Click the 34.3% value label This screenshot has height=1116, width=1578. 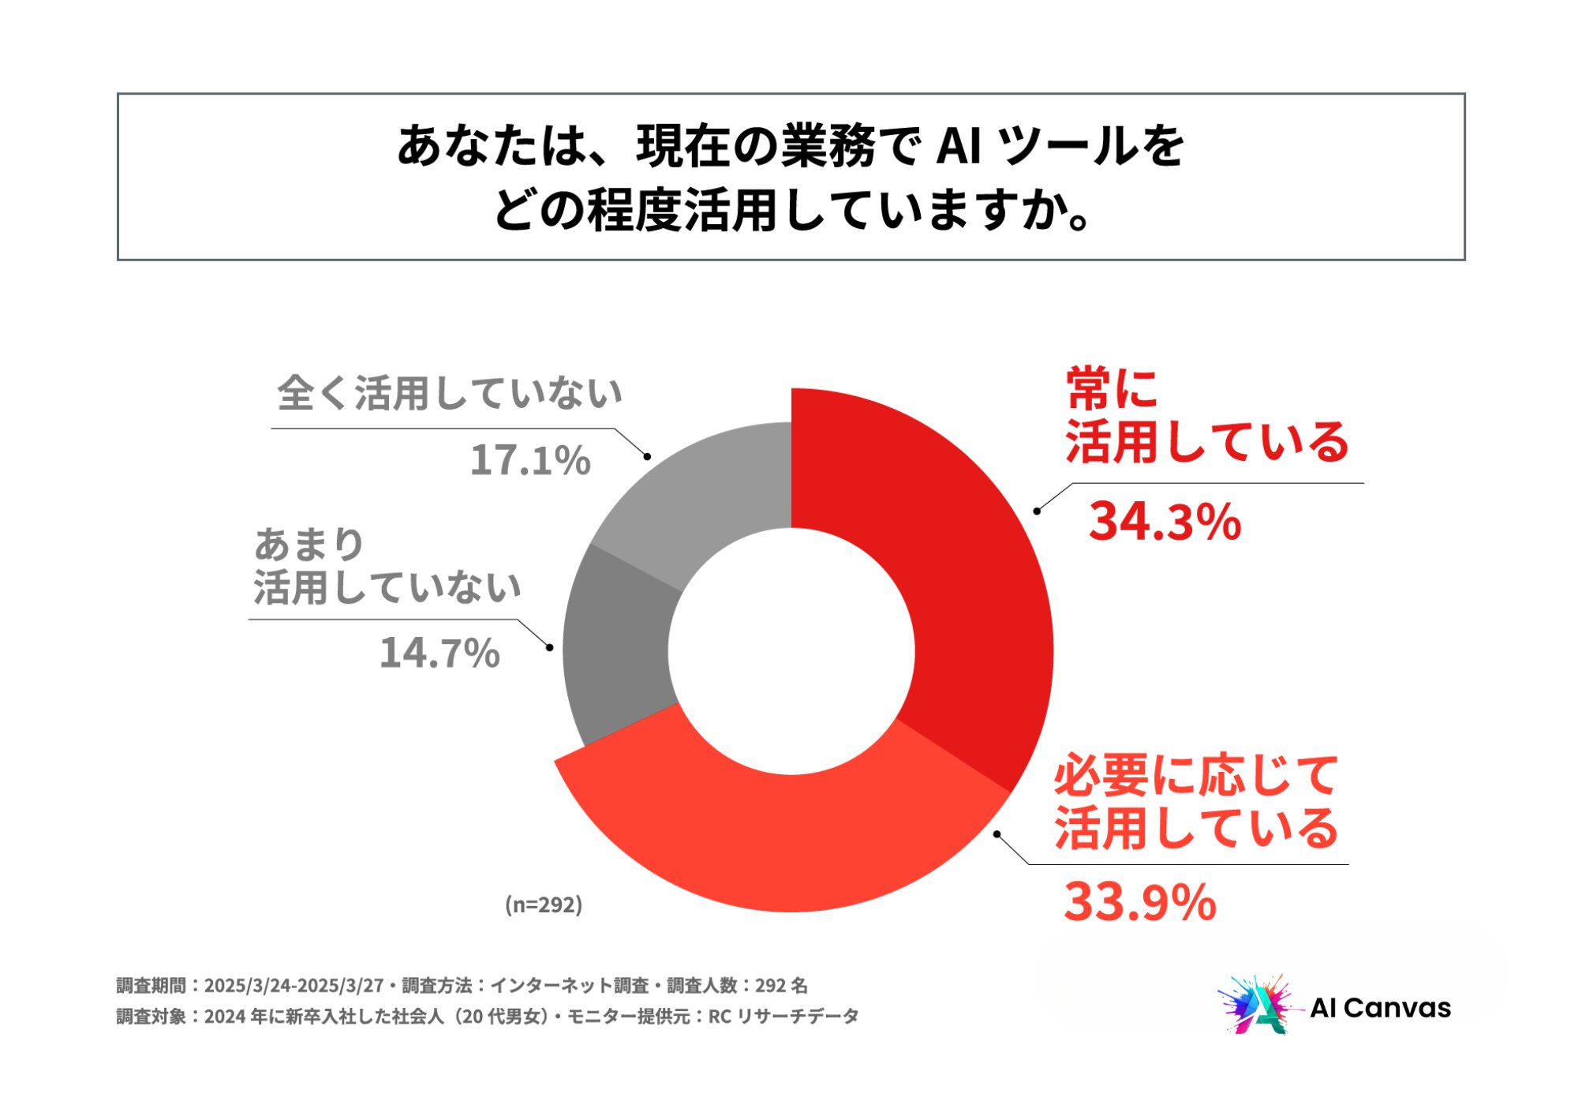click(x=1165, y=522)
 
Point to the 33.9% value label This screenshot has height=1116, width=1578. click(x=1139, y=901)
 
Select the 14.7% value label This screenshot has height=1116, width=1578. click(x=439, y=653)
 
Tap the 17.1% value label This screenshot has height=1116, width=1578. click(x=530, y=459)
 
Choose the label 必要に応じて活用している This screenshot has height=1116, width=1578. click(x=1196, y=801)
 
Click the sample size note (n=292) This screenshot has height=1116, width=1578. click(x=544, y=904)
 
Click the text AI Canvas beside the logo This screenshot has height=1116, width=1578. click(x=1380, y=1008)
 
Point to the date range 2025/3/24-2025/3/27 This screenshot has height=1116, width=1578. click(x=294, y=986)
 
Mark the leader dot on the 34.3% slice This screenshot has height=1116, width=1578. click(x=1037, y=511)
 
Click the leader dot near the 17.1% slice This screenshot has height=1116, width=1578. click(x=647, y=456)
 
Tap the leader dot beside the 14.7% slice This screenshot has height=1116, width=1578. click(x=550, y=648)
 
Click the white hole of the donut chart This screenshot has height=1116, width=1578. click(x=791, y=651)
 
